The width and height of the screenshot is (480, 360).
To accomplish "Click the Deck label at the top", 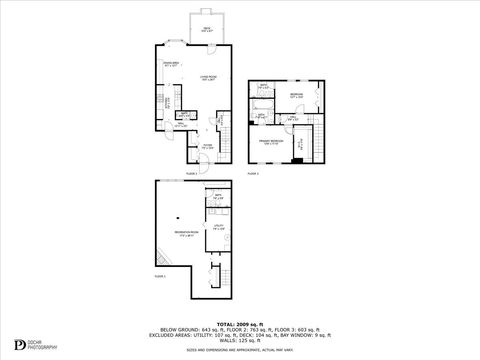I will pos(206,29).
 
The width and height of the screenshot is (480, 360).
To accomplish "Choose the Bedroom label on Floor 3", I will pos(297,96).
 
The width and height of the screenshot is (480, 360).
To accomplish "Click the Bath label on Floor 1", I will pos(217,197).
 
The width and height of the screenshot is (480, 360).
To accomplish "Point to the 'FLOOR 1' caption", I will pos(160,274).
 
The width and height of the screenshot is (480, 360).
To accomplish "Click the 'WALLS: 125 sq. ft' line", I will pos(240,343).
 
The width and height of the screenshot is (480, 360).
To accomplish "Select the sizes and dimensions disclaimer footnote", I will pos(240,351).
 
